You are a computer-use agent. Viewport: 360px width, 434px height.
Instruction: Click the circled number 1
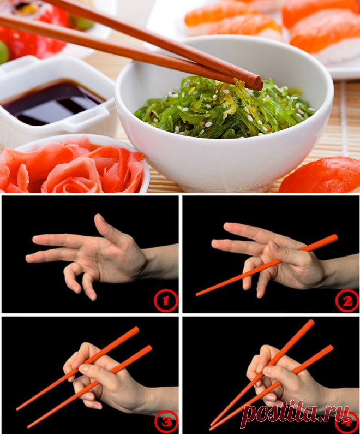[x=165, y=301]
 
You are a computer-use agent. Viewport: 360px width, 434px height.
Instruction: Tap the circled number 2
[x=347, y=301]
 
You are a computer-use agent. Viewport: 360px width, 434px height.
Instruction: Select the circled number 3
[x=166, y=422]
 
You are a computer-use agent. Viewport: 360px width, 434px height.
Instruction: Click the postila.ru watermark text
[x=297, y=414]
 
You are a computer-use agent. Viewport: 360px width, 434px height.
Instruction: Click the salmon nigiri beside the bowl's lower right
[x=321, y=175]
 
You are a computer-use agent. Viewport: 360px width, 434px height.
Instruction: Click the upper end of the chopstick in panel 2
[x=334, y=237]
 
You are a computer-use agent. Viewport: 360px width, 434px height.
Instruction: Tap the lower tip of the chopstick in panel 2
[x=197, y=294]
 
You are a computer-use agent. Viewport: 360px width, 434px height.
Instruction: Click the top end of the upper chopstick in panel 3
[x=136, y=329]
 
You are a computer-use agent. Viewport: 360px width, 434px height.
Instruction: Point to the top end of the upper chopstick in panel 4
[x=311, y=323]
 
